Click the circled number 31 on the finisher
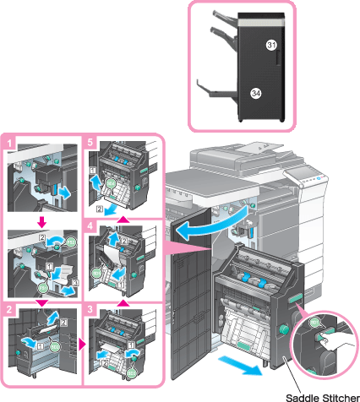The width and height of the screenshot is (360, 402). tap(271, 45)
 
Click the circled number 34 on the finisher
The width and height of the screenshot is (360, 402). tap(256, 93)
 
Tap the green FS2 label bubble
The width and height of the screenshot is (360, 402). tap(71, 242)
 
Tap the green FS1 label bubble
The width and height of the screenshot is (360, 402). tap(42, 288)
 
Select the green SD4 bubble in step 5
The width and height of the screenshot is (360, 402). tap(111, 183)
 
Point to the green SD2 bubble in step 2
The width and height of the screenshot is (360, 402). tap(55, 347)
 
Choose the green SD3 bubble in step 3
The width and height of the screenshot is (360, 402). tap(132, 373)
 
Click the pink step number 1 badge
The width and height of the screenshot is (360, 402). tap(9, 144)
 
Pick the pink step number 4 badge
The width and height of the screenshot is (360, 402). tap(90, 225)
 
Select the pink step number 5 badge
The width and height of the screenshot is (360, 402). tap(90, 142)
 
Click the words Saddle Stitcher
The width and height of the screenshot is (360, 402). tap(323, 398)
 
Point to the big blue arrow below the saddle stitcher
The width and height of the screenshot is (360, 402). tap(240, 365)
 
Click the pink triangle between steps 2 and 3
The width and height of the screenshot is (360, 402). tap(82, 344)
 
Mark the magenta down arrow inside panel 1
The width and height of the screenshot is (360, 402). tap(42, 222)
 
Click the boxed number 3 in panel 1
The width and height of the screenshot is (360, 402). tap(75, 282)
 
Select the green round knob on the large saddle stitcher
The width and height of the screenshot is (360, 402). tap(283, 329)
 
